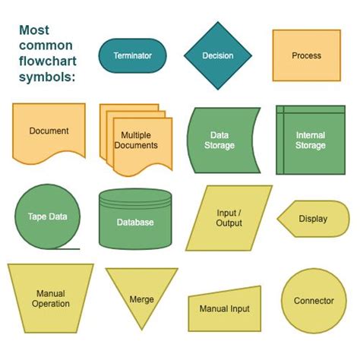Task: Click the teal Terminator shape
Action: (x=132, y=55)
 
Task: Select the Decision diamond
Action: (x=218, y=55)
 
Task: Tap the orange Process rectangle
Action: (x=306, y=55)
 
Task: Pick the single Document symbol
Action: (x=49, y=131)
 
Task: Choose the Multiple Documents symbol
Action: (x=135, y=141)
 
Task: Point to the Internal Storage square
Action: (x=310, y=140)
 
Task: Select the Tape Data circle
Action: (x=47, y=216)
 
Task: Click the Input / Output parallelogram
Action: (x=229, y=218)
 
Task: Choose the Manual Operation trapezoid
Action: (x=50, y=298)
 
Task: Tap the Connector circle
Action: (x=313, y=302)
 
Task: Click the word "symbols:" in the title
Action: (x=46, y=79)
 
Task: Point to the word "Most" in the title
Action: (x=36, y=31)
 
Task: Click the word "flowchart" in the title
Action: (x=48, y=63)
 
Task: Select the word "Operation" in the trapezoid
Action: (x=51, y=304)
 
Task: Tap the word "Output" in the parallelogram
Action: (x=229, y=223)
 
